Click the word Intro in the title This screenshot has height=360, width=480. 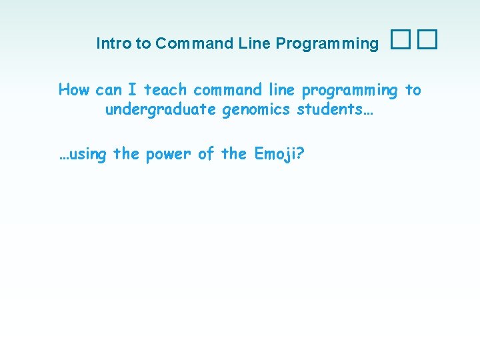(113, 44)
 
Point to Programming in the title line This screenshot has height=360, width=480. (327, 44)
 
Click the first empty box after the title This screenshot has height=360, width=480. (399, 42)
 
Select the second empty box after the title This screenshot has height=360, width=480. (427, 42)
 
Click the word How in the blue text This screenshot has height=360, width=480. (74, 89)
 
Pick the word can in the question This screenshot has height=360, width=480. (109, 90)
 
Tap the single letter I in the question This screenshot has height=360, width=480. (133, 89)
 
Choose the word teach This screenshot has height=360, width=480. (165, 89)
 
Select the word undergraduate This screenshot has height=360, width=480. (160, 109)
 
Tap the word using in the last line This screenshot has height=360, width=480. (83, 155)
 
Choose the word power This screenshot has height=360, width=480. (168, 155)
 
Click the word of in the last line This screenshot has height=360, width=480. (206, 154)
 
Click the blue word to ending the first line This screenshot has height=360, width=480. (413, 89)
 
